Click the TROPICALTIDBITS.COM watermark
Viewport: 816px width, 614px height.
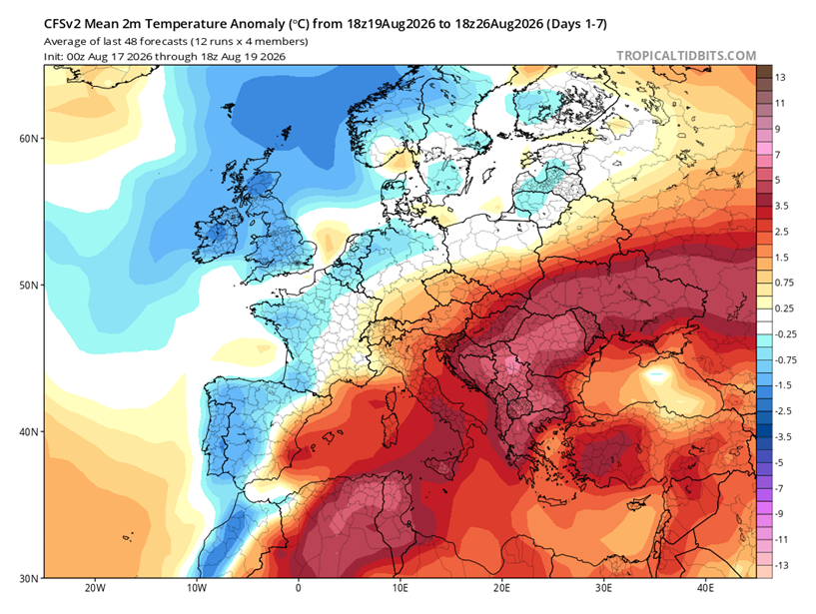686,56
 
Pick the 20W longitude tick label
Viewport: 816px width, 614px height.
95,588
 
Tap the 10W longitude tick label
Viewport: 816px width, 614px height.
197,588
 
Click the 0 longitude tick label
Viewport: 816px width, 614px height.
299,588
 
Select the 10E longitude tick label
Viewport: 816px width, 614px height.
401,588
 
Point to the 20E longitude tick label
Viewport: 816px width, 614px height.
502,588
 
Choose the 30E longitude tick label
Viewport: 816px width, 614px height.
603,588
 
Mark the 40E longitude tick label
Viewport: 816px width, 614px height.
706,588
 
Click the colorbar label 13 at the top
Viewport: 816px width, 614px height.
780,78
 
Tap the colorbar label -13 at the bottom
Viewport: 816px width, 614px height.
782,566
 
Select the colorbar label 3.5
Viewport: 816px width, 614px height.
782,206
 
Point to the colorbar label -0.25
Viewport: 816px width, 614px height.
786,334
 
